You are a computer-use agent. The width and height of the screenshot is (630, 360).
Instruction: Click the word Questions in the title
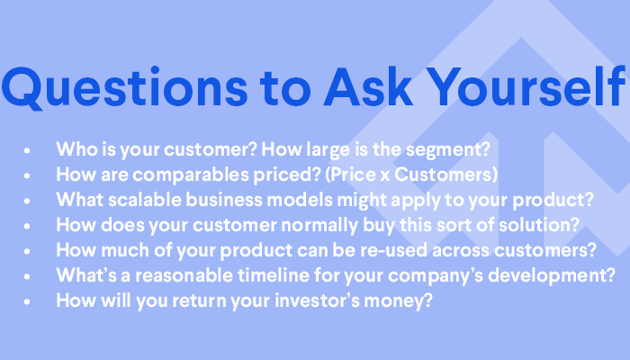(x=124, y=87)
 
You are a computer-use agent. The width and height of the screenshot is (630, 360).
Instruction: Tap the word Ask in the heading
(x=368, y=86)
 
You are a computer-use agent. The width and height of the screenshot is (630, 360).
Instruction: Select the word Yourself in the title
(x=526, y=86)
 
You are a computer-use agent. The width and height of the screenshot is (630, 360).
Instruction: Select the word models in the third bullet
(x=300, y=200)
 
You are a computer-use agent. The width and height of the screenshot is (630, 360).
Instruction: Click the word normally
(x=319, y=226)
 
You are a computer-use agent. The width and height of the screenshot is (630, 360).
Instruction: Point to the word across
(x=461, y=251)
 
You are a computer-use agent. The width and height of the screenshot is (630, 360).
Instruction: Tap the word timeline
(x=274, y=275)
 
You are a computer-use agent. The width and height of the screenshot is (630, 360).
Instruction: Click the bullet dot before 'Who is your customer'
(x=27, y=150)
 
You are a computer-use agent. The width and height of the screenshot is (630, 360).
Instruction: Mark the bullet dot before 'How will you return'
(x=27, y=301)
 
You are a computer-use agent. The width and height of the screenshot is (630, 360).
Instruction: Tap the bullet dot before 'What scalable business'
(x=27, y=201)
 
